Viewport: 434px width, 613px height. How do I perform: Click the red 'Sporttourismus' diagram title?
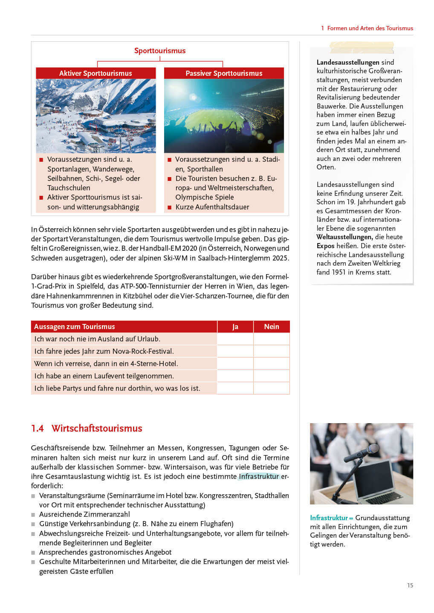click(x=160, y=51)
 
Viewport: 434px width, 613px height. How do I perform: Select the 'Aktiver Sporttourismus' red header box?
click(x=95, y=73)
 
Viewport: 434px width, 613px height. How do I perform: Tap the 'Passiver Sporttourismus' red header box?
click(x=224, y=73)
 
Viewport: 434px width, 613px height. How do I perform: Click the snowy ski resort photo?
click(x=95, y=116)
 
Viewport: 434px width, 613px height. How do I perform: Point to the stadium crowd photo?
click(x=224, y=116)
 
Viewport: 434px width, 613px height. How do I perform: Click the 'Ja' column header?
click(x=235, y=327)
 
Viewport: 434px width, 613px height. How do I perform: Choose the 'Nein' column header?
click(x=272, y=327)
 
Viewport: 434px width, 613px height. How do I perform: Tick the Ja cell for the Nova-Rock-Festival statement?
click(x=235, y=351)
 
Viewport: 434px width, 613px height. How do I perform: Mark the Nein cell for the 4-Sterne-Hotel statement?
click(x=272, y=364)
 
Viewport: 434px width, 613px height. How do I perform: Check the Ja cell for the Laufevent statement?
click(x=235, y=376)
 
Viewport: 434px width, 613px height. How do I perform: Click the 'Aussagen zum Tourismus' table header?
click(x=75, y=327)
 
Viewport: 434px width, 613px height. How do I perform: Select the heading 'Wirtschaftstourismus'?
click(x=97, y=428)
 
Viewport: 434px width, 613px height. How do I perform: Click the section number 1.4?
click(x=38, y=428)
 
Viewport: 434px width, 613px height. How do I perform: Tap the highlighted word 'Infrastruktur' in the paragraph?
click(x=259, y=476)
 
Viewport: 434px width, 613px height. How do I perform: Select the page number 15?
click(x=410, y=585)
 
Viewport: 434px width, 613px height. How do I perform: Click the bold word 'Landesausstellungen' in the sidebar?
click(x=348, y=62)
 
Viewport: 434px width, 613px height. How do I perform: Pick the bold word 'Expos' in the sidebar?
click(x=325, y=246)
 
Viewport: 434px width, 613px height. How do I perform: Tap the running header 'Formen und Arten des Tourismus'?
click(x=370, y=28)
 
